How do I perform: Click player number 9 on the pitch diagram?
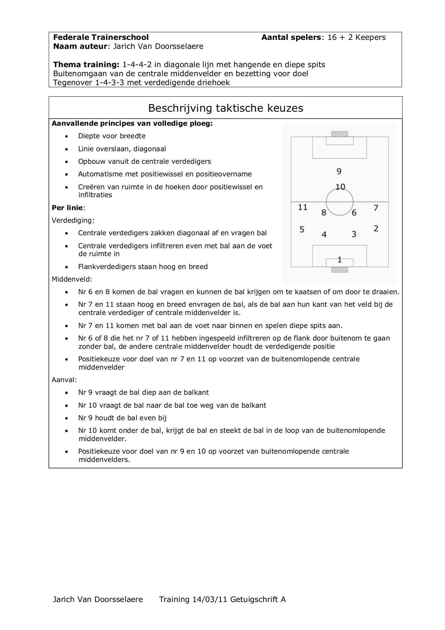[x=339, y=171]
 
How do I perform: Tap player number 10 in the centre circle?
[x=340, y=187]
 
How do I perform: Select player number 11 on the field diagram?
[x=303, y=207]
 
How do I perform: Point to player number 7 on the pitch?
[x=376, y=208]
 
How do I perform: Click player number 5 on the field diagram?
[x=302, y=229]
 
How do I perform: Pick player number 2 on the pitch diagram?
[x=376, y=228]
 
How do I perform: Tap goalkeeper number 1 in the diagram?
[x=340, y=259]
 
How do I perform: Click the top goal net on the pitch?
[x=340, y=134]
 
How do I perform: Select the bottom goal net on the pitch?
[x=340, y=269]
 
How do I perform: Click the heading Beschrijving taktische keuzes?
[x=226, y=108]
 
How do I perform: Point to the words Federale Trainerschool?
[x=101, y=37]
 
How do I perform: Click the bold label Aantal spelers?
[x=291, y=37]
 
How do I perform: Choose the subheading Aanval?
[x=64, y=380]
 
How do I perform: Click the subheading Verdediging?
[x=73, y=220]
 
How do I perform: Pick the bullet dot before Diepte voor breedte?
[x=67, y=136]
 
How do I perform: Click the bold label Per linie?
[x=67, y=208]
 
